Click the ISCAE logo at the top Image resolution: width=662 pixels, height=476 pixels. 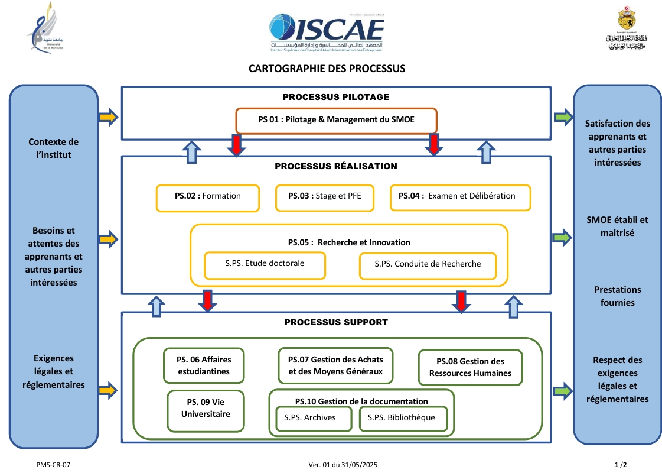[x=327, y=31]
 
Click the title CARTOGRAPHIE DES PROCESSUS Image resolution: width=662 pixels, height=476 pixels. [x=327, y=69]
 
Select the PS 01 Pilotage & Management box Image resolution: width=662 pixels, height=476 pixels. [x=336, y=120]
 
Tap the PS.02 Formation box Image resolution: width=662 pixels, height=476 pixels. [x=208, y=197]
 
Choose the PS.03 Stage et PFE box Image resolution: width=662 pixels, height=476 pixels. [x=325, y=197]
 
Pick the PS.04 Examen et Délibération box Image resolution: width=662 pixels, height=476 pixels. [x=460, y=197]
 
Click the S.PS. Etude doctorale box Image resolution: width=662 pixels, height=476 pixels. [x=265, y=265]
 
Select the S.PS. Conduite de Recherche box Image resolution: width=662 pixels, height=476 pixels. [x=428, y=265]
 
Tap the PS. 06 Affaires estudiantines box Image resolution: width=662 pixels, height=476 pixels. [x=204, y=366]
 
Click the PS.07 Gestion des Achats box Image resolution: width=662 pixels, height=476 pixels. [x=335, y=366]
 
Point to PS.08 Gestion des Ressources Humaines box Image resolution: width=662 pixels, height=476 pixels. [x=470, y=368]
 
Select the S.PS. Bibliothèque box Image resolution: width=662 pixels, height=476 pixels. [x=402, y=419]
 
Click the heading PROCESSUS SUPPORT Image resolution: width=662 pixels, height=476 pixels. [x=336, y=323]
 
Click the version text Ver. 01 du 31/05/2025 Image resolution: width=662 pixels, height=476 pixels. [x=343, y=466]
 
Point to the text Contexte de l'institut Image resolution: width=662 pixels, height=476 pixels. [x=53, y=148]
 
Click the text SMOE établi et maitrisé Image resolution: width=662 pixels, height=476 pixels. [x=617, y=226]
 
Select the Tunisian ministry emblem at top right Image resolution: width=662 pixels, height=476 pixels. [x=626, y=30]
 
